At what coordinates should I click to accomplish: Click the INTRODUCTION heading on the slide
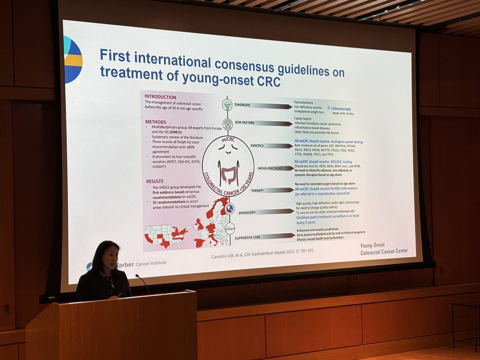(x=160, y=97)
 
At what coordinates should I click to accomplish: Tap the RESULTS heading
(x=154, y=181)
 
